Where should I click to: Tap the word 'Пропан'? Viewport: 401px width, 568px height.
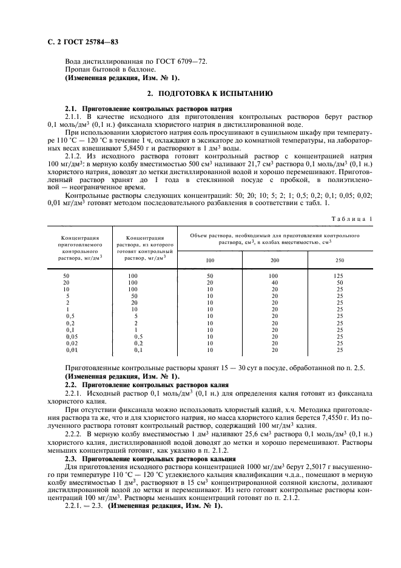coord(77,70)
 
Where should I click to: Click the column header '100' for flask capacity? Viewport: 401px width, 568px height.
coord(211,260)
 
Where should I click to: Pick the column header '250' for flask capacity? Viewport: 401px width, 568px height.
coord(340,260)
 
